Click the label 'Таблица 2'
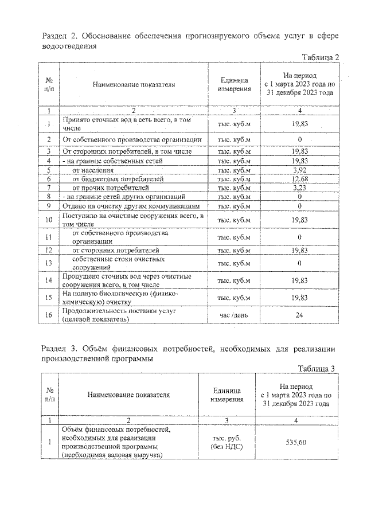(x=321, y=57)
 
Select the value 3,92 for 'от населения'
(x=296, y=170)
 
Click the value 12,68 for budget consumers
(x=296, y=179)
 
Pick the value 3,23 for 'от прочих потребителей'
(x=296, y=188)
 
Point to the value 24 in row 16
(x=296, y=315)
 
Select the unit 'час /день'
(x=234, y=315)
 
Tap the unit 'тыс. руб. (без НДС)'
(x=227, y=442)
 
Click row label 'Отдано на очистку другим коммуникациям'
(x=131, y=206)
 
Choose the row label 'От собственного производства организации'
(x=131, y=139)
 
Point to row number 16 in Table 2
(x=49, y=315)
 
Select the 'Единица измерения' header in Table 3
(x=227, y=395)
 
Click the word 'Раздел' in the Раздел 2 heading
(x=55, y=37)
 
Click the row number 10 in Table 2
(x=49, y=220)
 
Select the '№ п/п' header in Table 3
(x=49, y=395)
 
